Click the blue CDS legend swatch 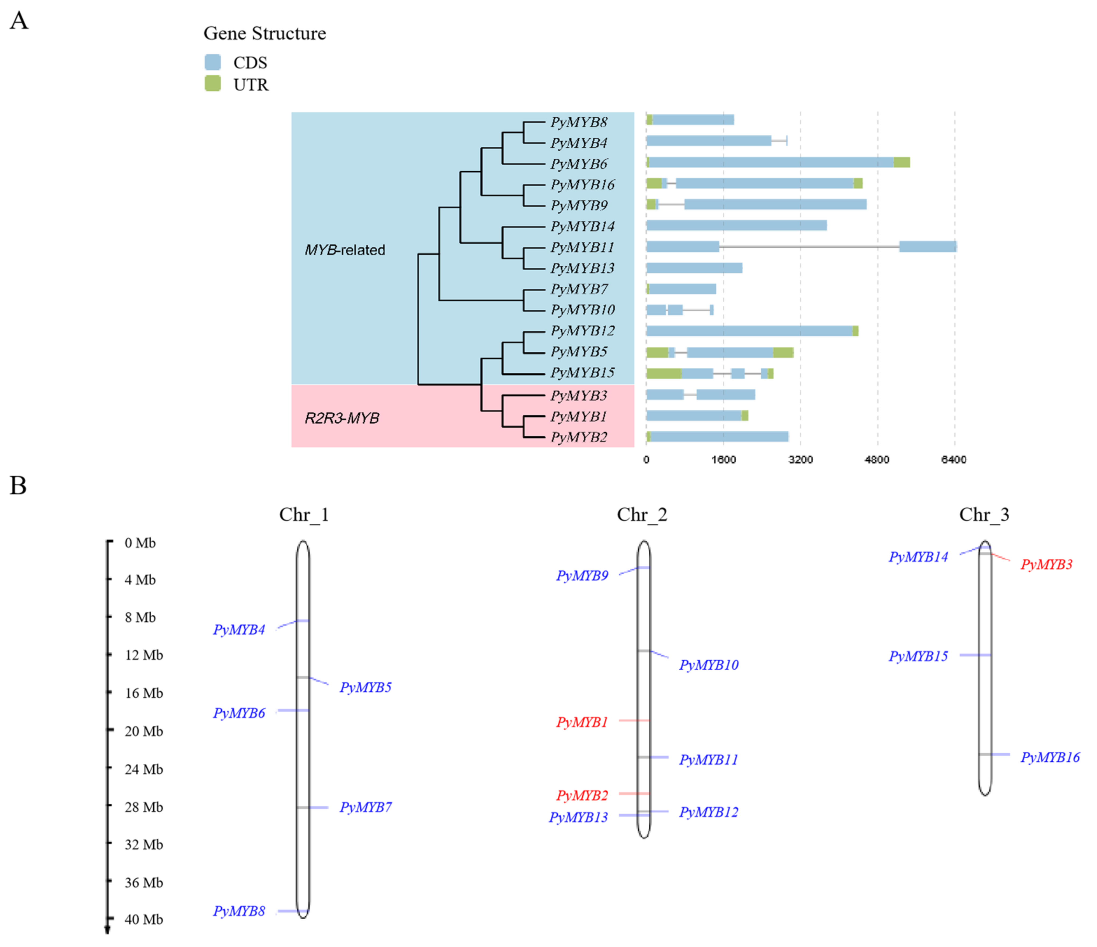212,62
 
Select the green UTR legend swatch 212,84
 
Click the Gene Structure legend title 265,33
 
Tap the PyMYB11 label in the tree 582,247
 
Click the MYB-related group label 345,250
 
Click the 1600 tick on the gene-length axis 723,460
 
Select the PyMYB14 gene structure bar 736,225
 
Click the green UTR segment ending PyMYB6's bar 902,162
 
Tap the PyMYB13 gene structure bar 694,268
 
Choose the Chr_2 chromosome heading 642,514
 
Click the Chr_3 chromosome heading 984,514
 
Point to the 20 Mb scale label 143,731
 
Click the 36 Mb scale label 143,882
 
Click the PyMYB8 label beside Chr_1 239,911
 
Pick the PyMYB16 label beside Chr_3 1050,758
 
